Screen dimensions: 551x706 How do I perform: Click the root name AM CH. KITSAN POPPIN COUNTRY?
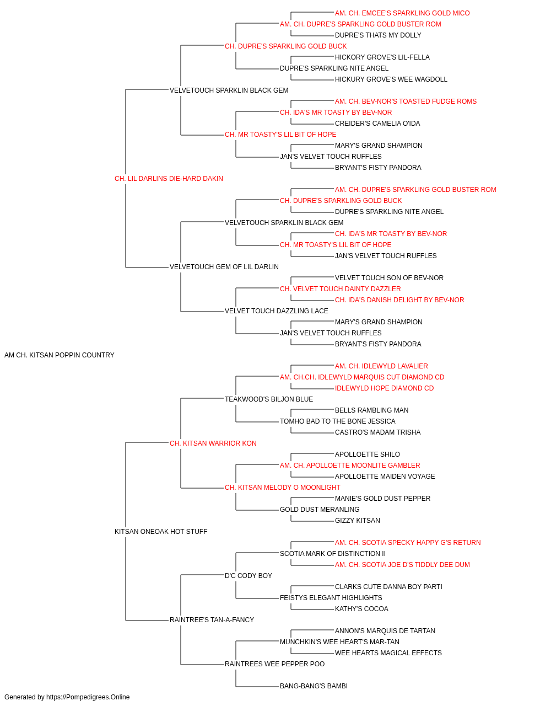pyautogui.click(x=60, y=355)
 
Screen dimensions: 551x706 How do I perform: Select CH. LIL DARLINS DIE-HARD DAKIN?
pyautogui.click(x=169, y=179)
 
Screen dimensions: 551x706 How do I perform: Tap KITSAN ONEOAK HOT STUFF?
pyautogui.click(x=161, y=532)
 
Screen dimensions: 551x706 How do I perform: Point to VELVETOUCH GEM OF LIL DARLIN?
pyautogui.click(x=224, y=267)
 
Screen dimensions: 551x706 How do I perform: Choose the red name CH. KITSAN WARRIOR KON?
pyautogui.click(x=213, y=443)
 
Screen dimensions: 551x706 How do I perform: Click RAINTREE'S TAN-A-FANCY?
pyautogui.click(x=212, y=619)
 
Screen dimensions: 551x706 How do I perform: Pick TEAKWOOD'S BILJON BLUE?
pyautogui.click(x=269, y=399)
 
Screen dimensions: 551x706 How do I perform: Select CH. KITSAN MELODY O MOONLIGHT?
pyautogui.click(x=283, y=488)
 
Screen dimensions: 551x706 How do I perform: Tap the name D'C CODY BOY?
pyautogui.click(x=249, y=575)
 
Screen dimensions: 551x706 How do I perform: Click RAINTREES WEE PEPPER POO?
pyautogui.click(x=275, y=664)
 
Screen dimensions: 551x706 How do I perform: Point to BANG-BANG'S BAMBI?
pyautogui.click(x=314, y=686)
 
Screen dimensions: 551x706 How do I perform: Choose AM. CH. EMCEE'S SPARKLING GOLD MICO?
pyautogui.click(x=402, y=13)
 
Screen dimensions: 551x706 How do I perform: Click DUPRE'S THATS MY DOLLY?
pyautogui.click(x=378, y=35)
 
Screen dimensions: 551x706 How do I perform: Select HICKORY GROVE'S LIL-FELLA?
pyautogui.click(x=382, y=57)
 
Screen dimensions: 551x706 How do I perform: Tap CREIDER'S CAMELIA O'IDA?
pyautogui.click(x=377, y=124)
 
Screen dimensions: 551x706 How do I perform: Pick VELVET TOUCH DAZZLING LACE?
pyautogui.click(x=277, y=311)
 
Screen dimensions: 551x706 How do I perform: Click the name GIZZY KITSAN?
pyautogui.click(x=358, y=521)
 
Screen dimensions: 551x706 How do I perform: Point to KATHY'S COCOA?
pyautogui.click(x=361, y=608)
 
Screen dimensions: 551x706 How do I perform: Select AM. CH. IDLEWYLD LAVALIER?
pyautogui.click(x=382, y=366)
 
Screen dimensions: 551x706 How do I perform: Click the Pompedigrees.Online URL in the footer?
pyautogui.click(x=88, y=697)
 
